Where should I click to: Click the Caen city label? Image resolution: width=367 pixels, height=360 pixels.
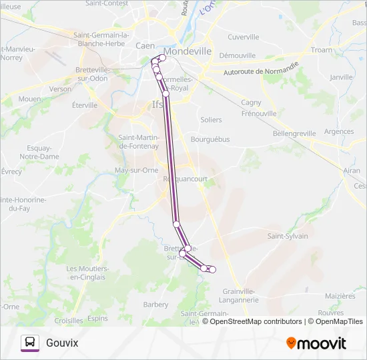(145, 45)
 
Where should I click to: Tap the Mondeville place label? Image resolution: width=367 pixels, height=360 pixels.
(188, 51)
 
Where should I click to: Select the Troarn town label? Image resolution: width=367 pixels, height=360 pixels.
(321, 50)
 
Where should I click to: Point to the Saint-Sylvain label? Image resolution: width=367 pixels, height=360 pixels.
(288, 236)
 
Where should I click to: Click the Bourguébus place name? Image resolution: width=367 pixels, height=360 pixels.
(210, 140)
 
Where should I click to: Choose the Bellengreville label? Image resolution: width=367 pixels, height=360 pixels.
(294, 133)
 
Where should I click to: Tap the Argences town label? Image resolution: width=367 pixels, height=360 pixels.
(339, 131)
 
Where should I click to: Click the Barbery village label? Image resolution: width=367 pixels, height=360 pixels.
(155, 305)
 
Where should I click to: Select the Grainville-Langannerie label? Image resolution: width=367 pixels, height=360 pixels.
(240, 295)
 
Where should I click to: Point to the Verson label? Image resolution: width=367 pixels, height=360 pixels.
(60, 89)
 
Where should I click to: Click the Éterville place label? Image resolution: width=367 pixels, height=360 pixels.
(85, 105)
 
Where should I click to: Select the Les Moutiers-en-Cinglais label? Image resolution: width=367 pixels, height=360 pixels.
(88, 273)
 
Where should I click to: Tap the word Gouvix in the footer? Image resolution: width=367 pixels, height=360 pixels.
(62, 343)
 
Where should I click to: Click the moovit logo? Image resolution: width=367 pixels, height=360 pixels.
(316, 343)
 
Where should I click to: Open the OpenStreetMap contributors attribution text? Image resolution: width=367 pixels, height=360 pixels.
(256, 321)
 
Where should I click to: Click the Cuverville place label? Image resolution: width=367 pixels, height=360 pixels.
(243, 37)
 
